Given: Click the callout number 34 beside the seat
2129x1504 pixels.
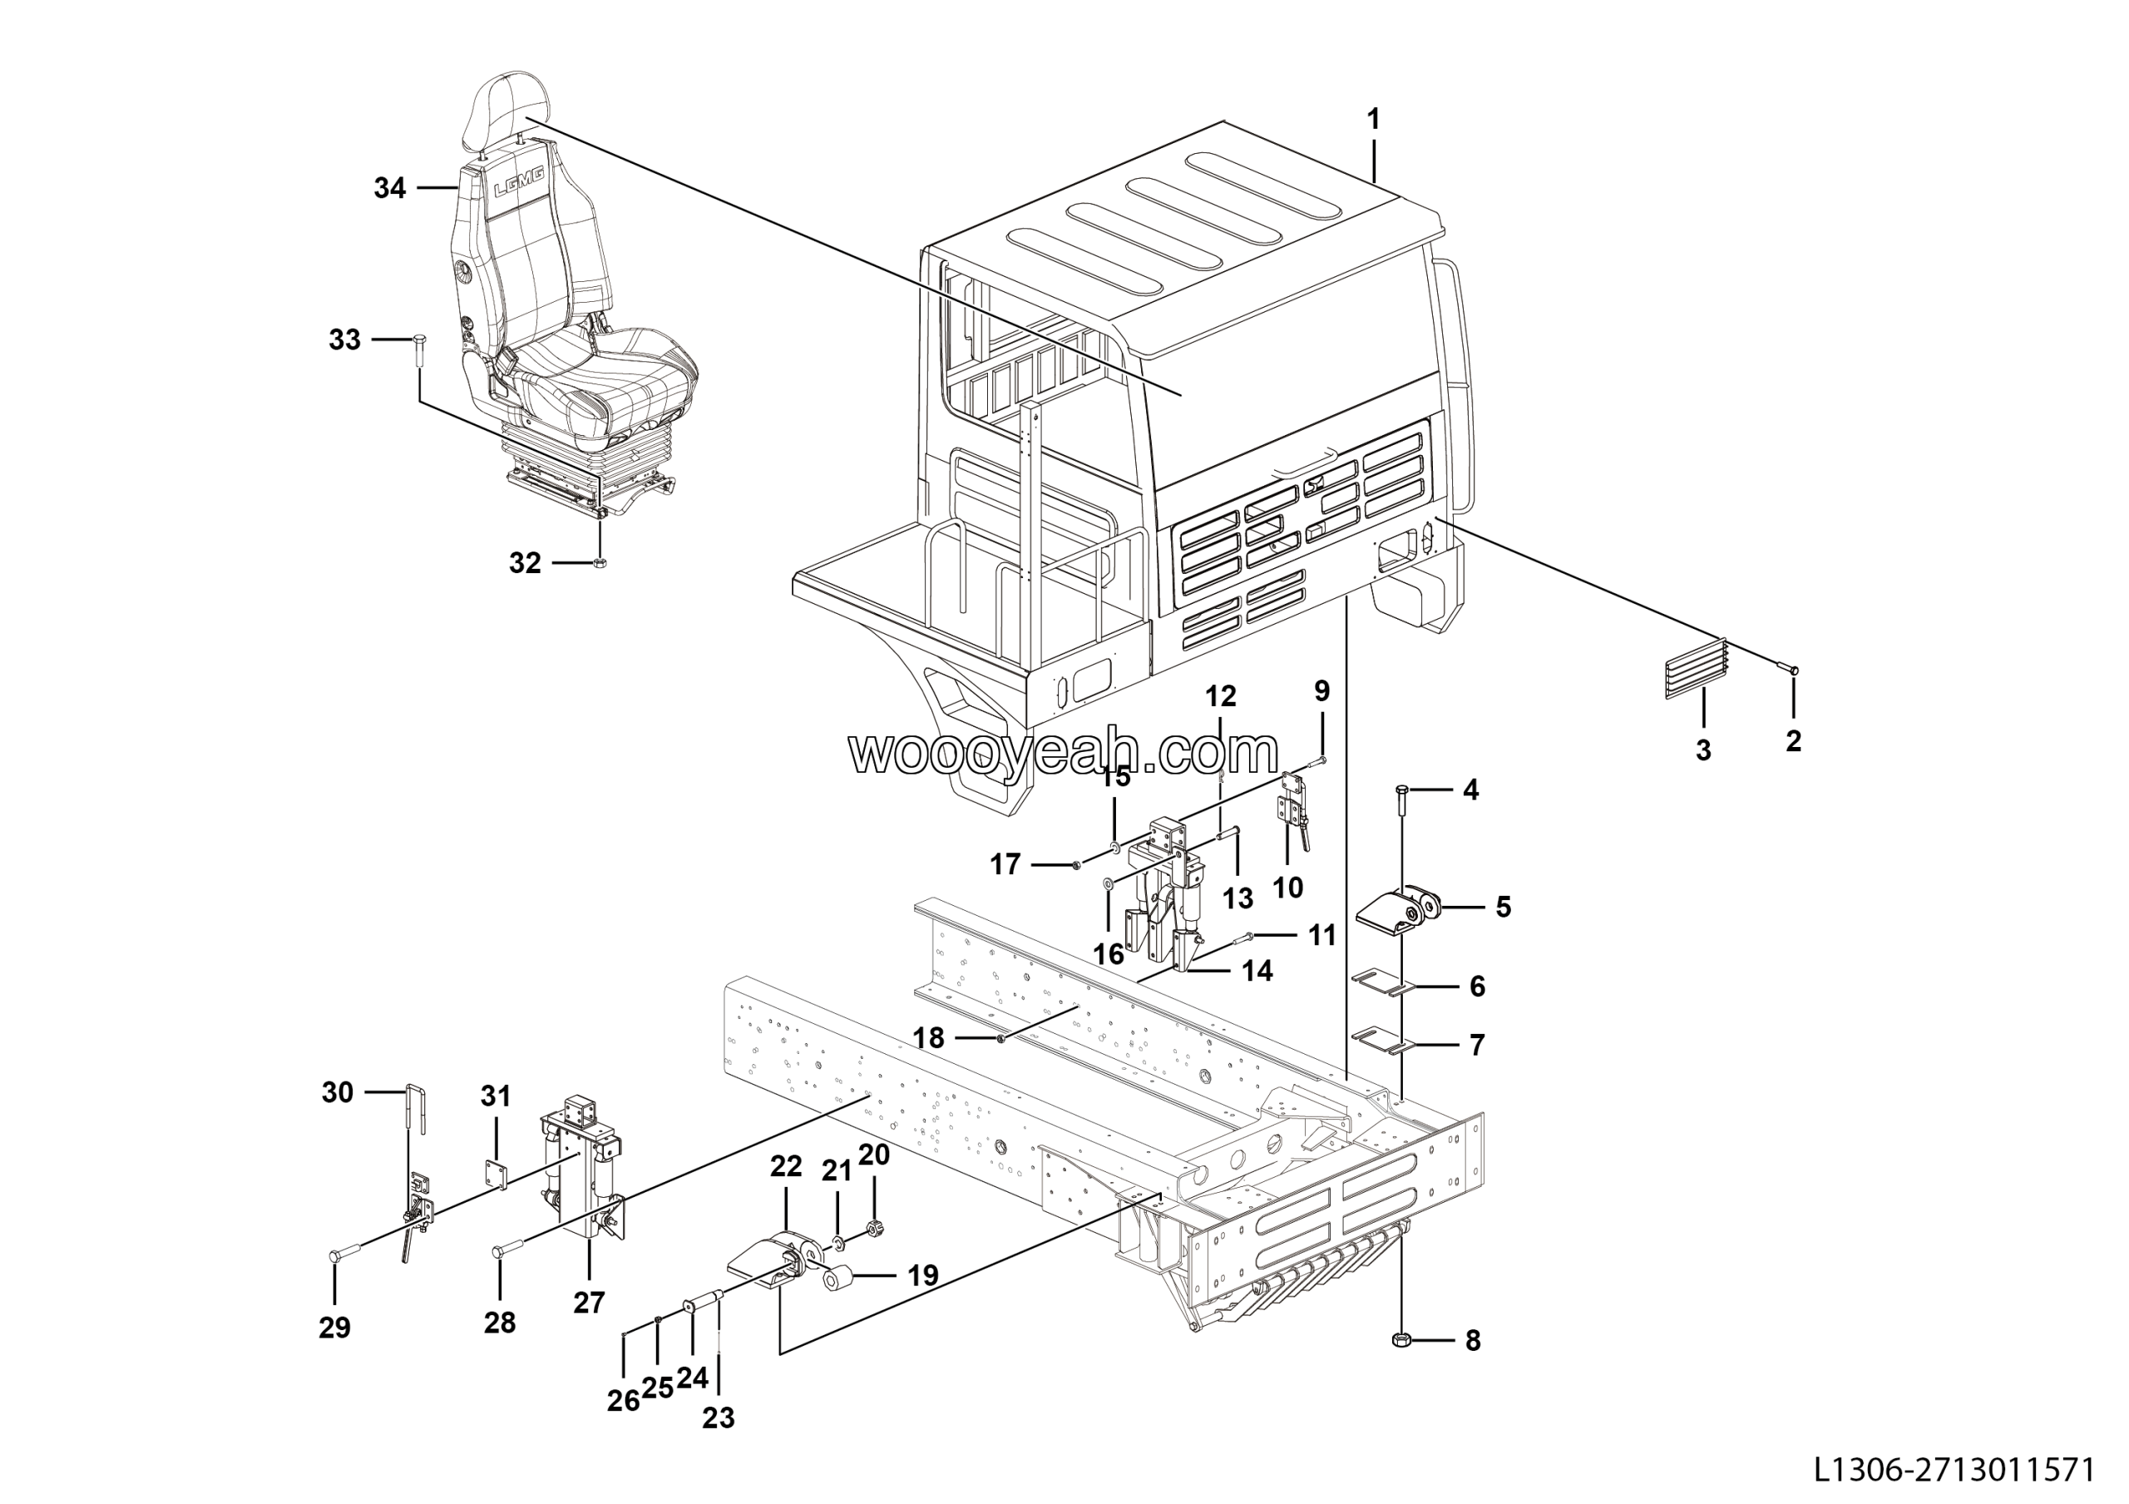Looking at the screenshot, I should coord(389,188).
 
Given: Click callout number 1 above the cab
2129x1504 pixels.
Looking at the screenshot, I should coord(1373,120).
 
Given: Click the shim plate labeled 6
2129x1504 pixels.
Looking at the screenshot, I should coord(1379,984).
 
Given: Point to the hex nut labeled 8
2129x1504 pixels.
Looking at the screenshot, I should coord(1401,1340).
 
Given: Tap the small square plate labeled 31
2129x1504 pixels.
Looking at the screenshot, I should coord(497,1175).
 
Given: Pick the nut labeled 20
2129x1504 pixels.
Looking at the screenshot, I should coord(872,1229).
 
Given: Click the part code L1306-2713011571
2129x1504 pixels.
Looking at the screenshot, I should coord(1954,1470).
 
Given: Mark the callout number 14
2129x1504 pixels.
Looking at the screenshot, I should coord(1257,971).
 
